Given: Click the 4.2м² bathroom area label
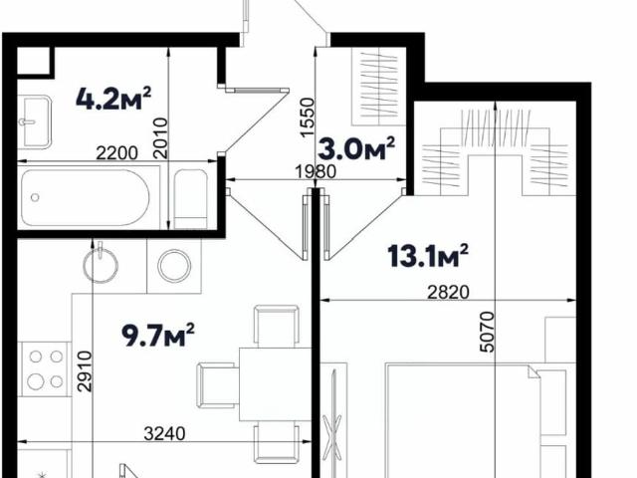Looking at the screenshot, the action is coord(113,99).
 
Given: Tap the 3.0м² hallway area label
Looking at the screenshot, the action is coord(356,149).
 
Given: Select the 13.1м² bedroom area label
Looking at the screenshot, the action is coord(428,256).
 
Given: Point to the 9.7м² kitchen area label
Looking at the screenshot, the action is coord(158,335).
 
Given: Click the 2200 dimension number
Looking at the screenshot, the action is coord(117,153).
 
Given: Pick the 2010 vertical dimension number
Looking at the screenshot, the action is coord(160,138).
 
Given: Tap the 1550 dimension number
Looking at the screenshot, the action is coord(308,118).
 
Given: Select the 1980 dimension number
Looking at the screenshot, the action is coord(316,171).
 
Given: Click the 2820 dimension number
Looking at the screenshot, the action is coord(448,292).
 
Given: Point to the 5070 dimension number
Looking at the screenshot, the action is coord(487,332).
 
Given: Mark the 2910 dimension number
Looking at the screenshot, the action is coord(85,371).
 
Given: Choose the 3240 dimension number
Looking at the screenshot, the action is coord(164,434).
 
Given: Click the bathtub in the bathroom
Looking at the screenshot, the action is coord(85,198).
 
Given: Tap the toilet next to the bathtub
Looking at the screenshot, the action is coord(190,199).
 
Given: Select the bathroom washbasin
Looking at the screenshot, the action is coord(35,121).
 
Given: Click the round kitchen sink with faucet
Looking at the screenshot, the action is coord(101,263).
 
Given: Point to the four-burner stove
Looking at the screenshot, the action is coord(45,369).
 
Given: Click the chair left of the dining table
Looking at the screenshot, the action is coord(218,385).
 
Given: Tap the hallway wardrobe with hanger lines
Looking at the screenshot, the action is coord(379,87).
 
